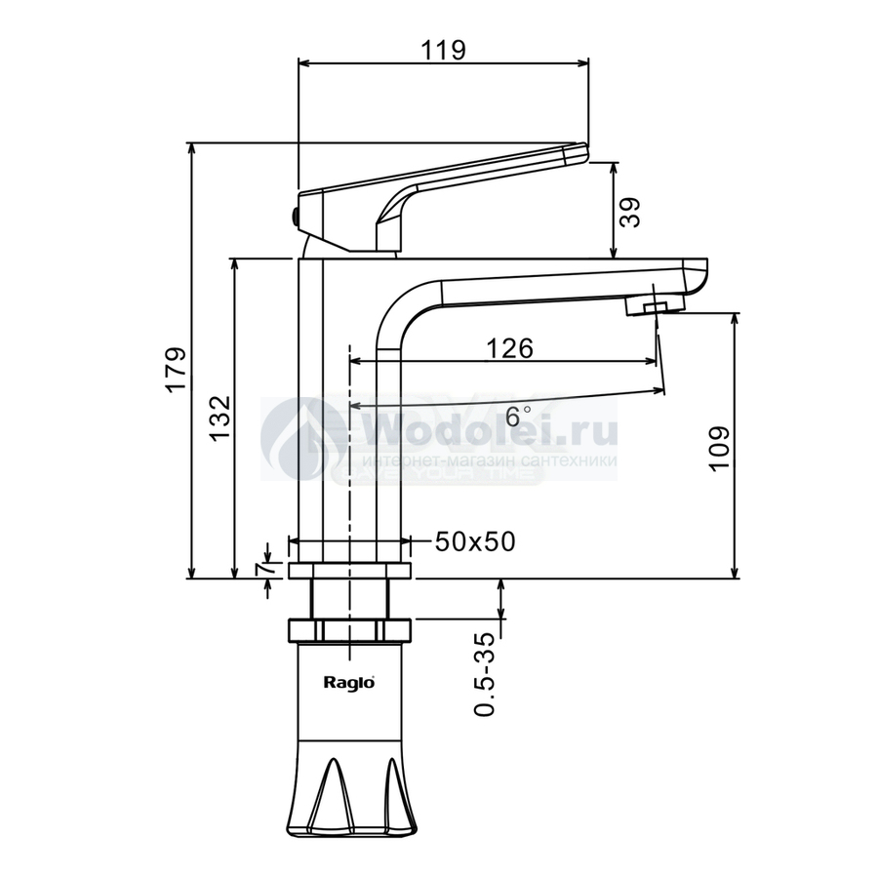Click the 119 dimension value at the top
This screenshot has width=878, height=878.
pyautogui.click(x=443, y=50)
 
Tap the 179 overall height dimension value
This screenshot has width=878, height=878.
pyautogui.click(x=175, y=370)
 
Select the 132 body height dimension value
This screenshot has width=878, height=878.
pyautogui.click(x=220, y=418)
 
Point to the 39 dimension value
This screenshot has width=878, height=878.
pyautogui.click(x=630, y=212)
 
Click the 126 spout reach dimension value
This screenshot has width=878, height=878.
pyautogui.click(x=509, y=348)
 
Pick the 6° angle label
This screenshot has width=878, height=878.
pyautogui.click(x=517, y=416)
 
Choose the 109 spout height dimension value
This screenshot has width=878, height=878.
pyautogui.click(x=720, y=449)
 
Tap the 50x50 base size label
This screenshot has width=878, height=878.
pyautogui.click(x=475, y=541)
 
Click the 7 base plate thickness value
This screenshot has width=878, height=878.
pyautogui.click(x=264, y=569)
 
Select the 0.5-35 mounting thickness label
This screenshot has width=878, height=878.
pyautogui.click(x=484, y=675)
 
